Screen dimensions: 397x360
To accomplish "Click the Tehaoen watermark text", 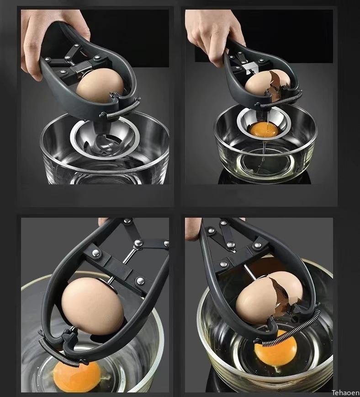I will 344,392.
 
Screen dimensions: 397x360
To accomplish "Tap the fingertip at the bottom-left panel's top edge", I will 104,221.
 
